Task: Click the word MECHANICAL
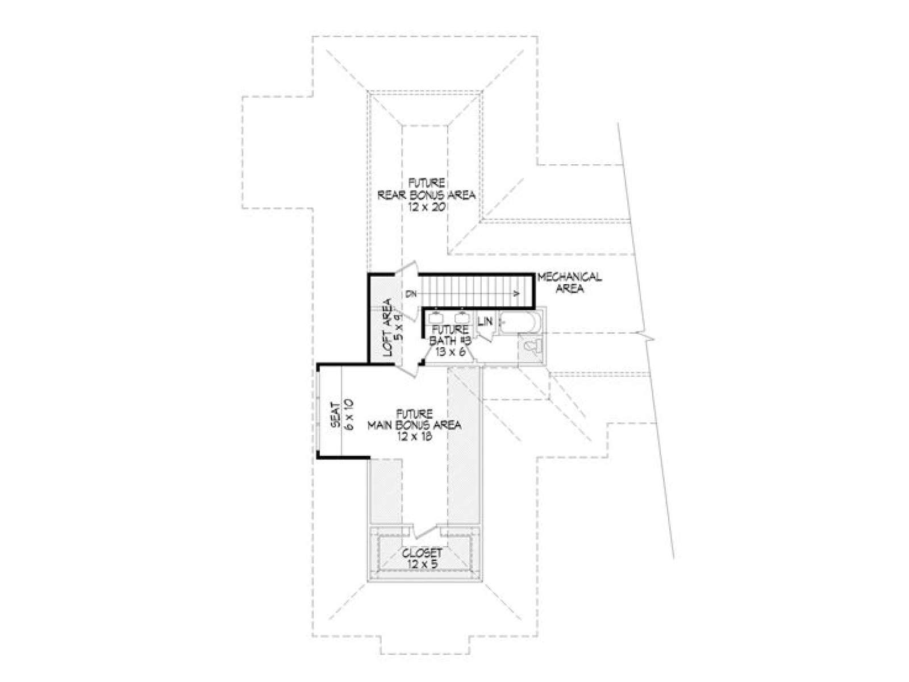pyautogui.click(x=569, y=277)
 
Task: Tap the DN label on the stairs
pyautogui.click(x=411, y=294)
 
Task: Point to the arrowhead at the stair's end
pyautogui.click(x=516, y=294)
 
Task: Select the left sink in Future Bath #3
pyautogui.click(x=436, y=318)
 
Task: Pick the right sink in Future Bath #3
pyautogui.click(x=462, y=318)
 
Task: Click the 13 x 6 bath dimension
pyautogui.click(x=449, y=351)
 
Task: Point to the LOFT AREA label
pyautogui.click(x=387, y=327)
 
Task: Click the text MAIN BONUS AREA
pyautogui.click(x=415, y=425)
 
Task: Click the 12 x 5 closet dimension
pyautogui.click(x=422, y=564)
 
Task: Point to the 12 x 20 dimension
pyautogui.click(x=427, y=207)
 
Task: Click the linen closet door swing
pyautogui.click(x=487, y=334)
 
